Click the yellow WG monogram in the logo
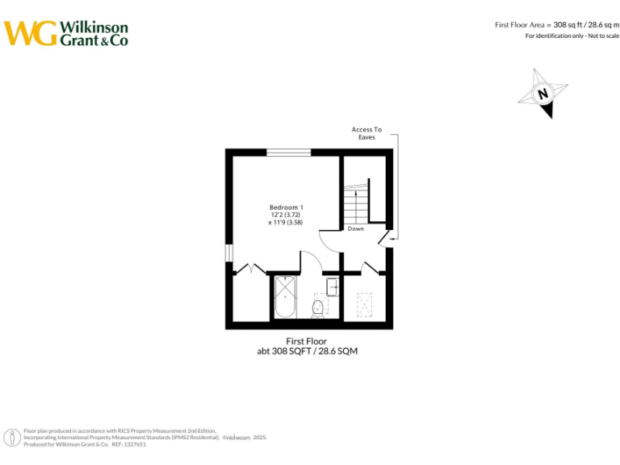pos(31,33)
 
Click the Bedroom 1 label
pos(287,207)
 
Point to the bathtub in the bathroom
pos(286,297)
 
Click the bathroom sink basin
pos(333,287)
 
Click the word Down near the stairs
pos(356,228)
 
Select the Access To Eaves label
pos(367,133)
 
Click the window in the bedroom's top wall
pos(289,152)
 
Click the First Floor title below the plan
pos(307,341)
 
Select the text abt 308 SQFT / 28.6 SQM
pos(307,352)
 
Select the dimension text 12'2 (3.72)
pos(287,215)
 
